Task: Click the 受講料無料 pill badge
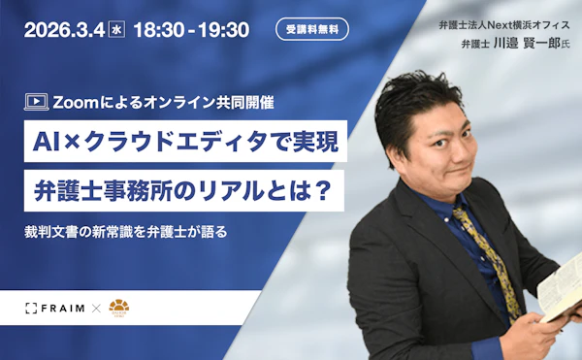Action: (311, 29)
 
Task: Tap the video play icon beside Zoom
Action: (37, 100)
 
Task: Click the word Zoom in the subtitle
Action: (77, 100)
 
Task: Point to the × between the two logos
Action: (95, 309)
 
